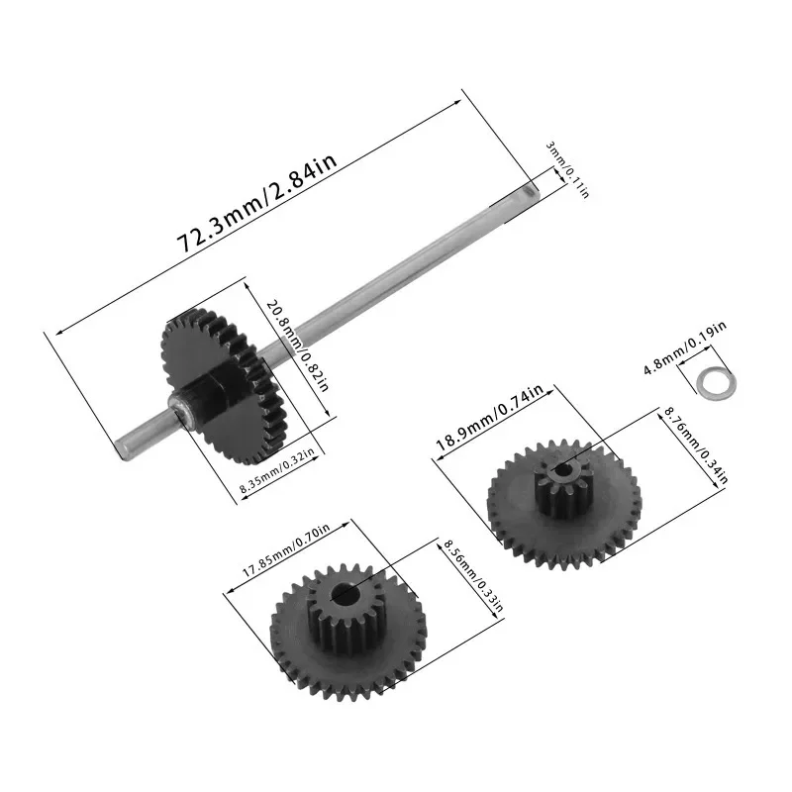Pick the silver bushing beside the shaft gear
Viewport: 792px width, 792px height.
tap(180, 407)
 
